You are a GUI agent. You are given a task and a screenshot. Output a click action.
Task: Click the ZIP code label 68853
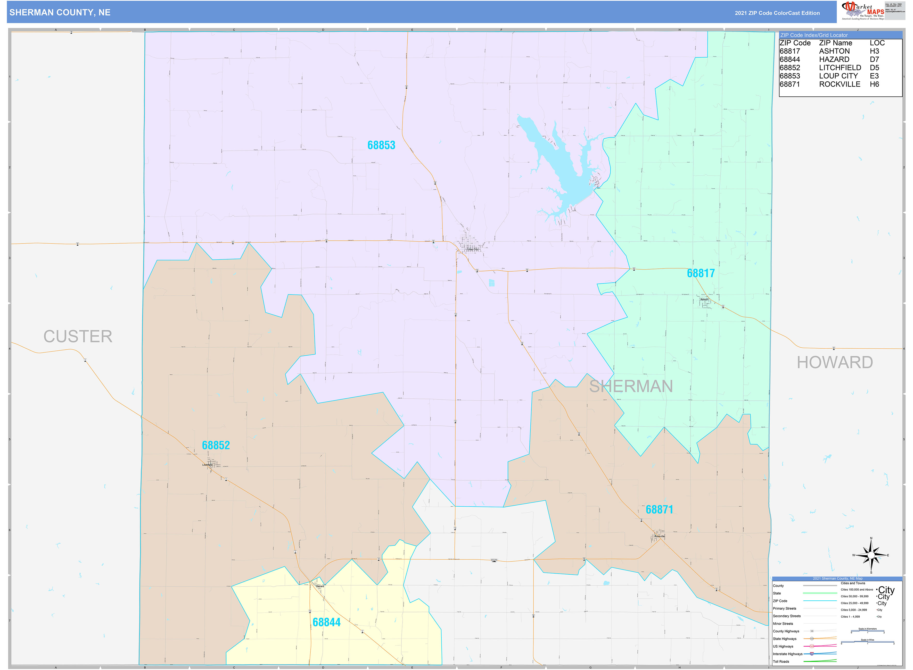381,145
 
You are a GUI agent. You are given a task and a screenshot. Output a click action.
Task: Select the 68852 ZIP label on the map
216,445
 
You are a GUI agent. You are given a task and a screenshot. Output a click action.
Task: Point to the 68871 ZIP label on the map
659,509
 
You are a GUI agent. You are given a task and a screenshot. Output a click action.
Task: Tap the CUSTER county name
78,337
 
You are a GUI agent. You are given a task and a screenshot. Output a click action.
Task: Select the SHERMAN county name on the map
631,387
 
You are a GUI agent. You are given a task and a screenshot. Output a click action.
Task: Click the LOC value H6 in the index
874,84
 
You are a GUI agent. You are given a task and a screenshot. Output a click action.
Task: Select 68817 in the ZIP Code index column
790,51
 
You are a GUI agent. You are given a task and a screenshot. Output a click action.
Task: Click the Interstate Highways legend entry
787,654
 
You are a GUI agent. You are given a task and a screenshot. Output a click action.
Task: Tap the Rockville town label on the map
659,536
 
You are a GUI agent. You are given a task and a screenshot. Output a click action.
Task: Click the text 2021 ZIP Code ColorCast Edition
777,13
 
